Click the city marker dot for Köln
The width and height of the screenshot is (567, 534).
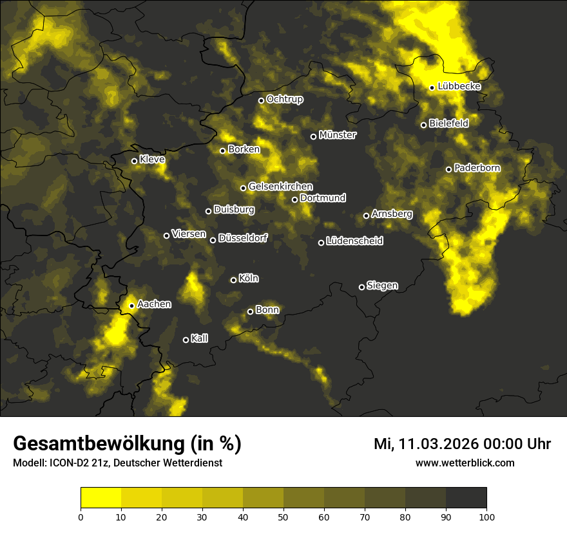[x=233, y=280]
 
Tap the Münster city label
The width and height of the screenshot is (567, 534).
[x=337, y=135]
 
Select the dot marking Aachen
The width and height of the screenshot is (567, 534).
[x=131, y=306]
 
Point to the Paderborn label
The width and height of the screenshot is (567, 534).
[x=477, y=168]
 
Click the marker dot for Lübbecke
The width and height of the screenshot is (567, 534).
[x=432, y=87]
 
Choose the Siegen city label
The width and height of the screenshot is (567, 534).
[x=382, y=286]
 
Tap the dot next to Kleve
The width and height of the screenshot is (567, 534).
[x=134, y=161]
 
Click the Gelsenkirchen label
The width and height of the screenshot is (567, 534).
[x=280, y=187]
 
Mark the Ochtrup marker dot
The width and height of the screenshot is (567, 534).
[x=261, y=100]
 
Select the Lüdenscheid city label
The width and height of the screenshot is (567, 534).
[x=354, y=241]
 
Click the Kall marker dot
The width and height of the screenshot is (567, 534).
[x=186, y=340]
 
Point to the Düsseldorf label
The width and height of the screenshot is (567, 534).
[x=242, y=238]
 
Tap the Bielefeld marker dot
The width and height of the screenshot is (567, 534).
[x=423, y=125]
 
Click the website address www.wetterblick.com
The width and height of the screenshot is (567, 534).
[x=465, y=463]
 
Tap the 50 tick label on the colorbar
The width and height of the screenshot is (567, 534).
[x=283, y=516]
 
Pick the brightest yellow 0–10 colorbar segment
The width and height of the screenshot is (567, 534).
[x=101, y=497]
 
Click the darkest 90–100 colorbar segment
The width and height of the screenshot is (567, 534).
[x=466, y=497]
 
